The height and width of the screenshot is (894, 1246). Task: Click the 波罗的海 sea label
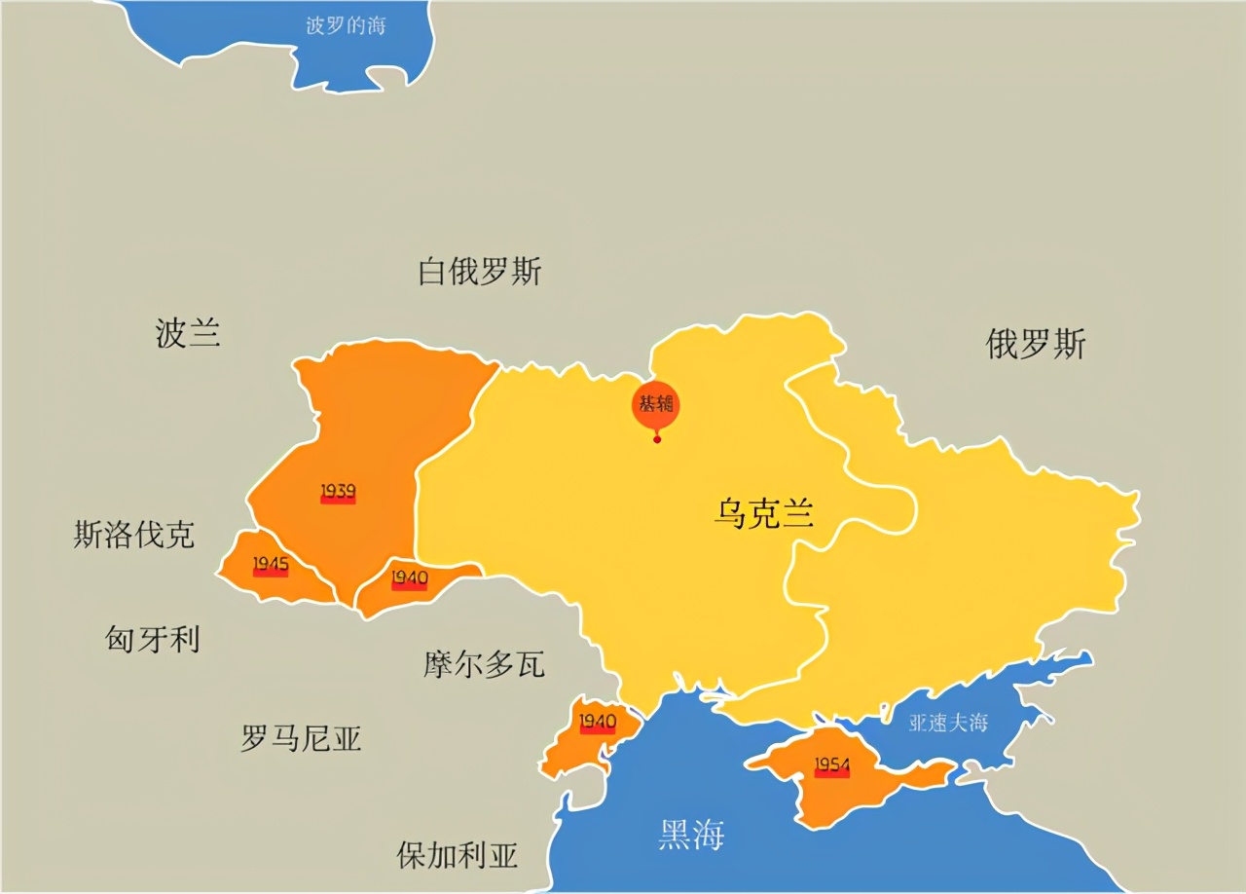point(346,26)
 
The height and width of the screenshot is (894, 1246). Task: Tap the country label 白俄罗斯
point(479,272)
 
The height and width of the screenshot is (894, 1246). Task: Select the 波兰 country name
point(188,334)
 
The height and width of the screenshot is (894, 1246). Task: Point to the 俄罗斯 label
point(1035,345)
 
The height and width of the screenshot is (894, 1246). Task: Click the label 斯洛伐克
point(133,535)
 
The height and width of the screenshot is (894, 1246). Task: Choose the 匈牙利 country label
point(152,640)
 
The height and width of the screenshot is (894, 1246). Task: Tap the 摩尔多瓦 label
point(484,664)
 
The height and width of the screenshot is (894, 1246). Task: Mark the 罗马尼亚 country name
point(301,739)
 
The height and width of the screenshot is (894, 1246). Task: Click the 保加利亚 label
point(457,855)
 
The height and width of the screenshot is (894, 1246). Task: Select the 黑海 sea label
point(691,835)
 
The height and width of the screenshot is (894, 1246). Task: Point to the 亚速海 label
point(948,723)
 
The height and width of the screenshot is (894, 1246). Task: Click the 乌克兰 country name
point(763,513)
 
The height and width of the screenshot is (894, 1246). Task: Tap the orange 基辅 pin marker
point(656,405)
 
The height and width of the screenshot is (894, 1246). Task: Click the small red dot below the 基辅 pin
point(657,440)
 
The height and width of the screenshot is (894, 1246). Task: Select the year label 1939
point(338,492)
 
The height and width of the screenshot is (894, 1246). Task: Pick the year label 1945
point(271,565)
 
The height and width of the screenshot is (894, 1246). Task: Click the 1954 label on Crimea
point(831,766)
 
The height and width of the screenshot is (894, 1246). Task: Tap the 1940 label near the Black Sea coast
point(598,723)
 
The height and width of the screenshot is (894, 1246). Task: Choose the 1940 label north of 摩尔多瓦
point(409,578)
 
